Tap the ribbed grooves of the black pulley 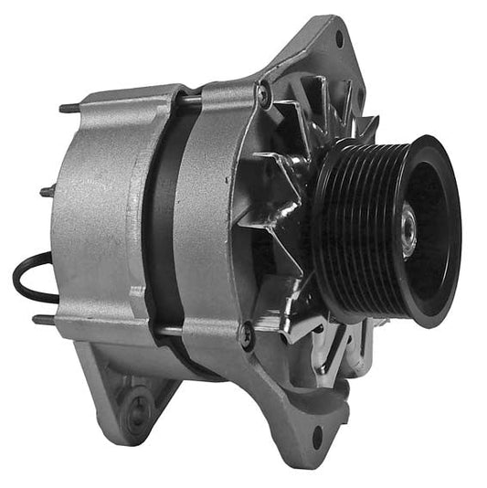(x=343, y=228)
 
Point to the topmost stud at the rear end (x=67, y=109)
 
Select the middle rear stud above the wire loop (x=46, y=191)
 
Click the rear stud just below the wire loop (x=41, y=320)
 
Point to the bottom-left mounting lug (x=128, y=393)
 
